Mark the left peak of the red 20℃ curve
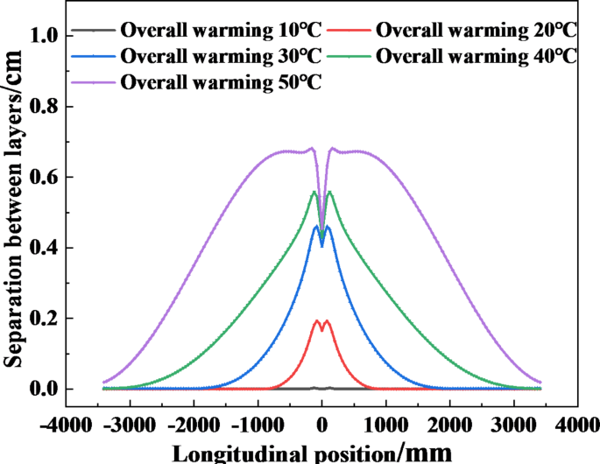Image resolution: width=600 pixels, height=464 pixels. pyautogui.click(x=316, y=320)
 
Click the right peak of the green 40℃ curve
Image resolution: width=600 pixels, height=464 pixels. pyautogui.click(x=329, y=192)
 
